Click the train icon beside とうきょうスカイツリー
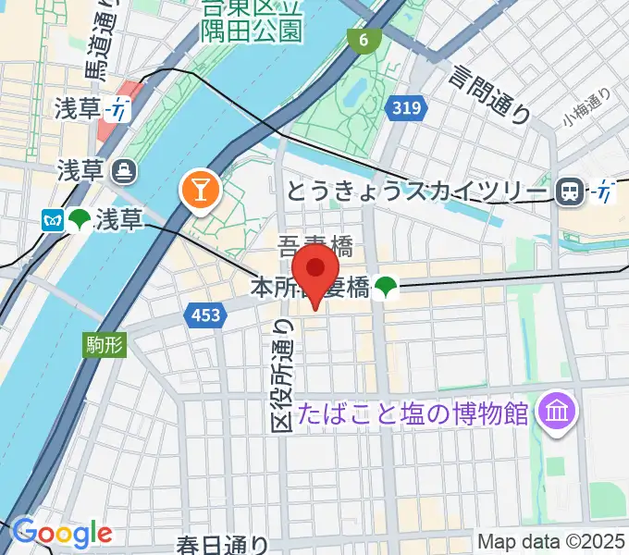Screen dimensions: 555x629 (570, 191)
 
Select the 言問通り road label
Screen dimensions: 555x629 (491, 92)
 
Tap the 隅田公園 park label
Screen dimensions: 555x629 (251, 31)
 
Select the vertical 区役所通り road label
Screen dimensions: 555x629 (283, 374)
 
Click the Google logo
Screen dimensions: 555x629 (62, 533)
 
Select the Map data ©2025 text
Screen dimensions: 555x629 (552, 542)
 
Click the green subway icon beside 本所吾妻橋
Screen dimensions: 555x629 (386, 290)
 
